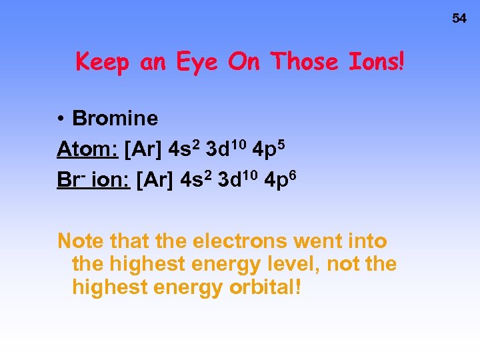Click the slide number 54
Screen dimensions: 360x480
(459, 19)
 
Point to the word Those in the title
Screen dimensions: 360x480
(307, 62)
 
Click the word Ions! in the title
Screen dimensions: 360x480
(377, 62)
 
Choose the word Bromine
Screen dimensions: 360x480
(115, 119)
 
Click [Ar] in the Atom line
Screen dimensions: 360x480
(144, 150)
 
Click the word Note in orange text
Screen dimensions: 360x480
(79, 240)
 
